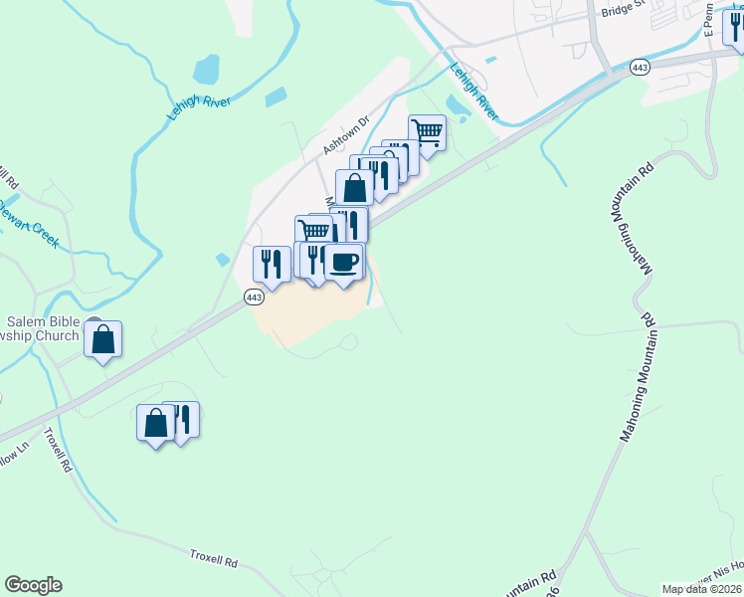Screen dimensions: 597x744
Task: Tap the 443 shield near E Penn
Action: (x=639, y=68)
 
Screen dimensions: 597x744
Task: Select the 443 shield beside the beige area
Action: (x=254, y=298)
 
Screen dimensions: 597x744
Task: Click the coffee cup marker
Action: (x=343, y=263)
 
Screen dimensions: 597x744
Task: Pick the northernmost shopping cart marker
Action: (x=427, y=132)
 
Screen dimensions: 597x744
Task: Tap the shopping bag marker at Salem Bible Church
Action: (x=102, y=340)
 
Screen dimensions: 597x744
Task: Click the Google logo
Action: (x=33, y=585)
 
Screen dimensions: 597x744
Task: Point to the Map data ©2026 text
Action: (x=700, y=589)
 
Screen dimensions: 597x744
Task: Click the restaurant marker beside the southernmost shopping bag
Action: (x=182, y=419)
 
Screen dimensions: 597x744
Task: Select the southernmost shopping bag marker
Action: (x=155, y=424)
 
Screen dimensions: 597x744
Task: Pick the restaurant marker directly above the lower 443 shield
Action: (x=272, y=264)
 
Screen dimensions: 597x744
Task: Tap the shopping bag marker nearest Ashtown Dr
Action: (x=354, y=188)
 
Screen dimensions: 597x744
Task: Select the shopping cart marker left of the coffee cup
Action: (x=313, y=232)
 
